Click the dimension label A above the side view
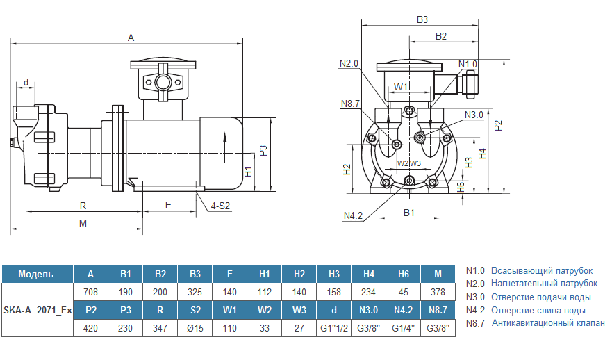tap(131, 38)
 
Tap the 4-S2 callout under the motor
tap(221, 206)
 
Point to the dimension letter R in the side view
tap(83, 206)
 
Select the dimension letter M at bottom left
tap(83, 223)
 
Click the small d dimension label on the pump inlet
tap(26, 83)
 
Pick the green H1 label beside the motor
tap(249, 172)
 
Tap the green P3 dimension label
tap(263, 152)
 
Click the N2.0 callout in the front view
tap(349, 64)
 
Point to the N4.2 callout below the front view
tap(353, 215)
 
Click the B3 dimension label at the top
tap(422, 20)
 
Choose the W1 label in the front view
tap(401, 87)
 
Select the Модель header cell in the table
tap(36, 275)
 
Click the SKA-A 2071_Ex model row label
tap(38, 310)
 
